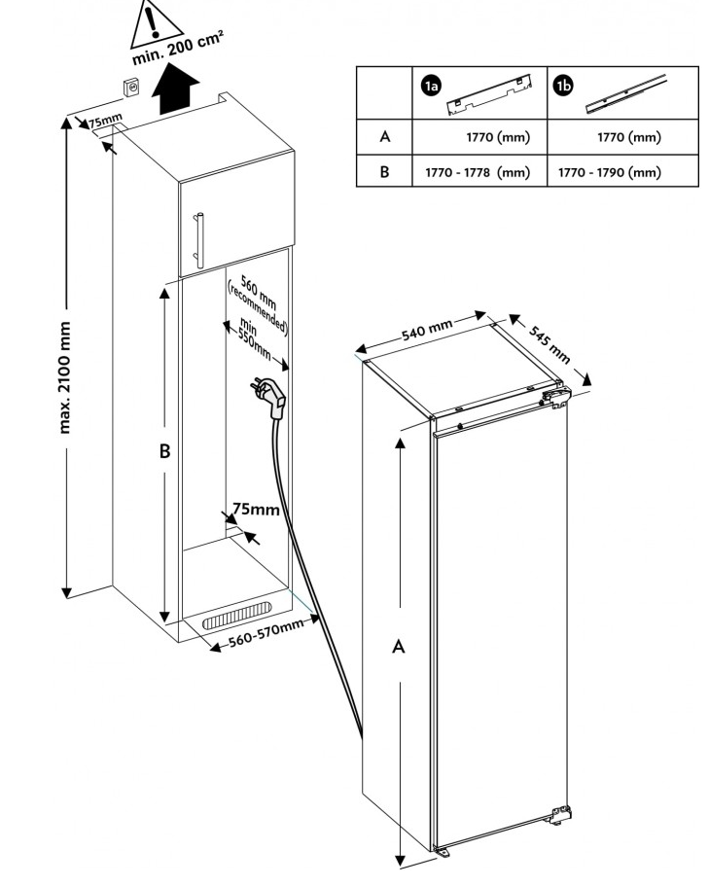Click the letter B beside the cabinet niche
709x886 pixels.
[165, 451]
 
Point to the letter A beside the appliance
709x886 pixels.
[398, 646]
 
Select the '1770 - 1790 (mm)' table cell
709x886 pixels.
[609, 172]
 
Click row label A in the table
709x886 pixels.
[385, 137]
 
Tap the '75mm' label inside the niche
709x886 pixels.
[256, 510]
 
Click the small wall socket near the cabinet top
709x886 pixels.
[130, 89]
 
